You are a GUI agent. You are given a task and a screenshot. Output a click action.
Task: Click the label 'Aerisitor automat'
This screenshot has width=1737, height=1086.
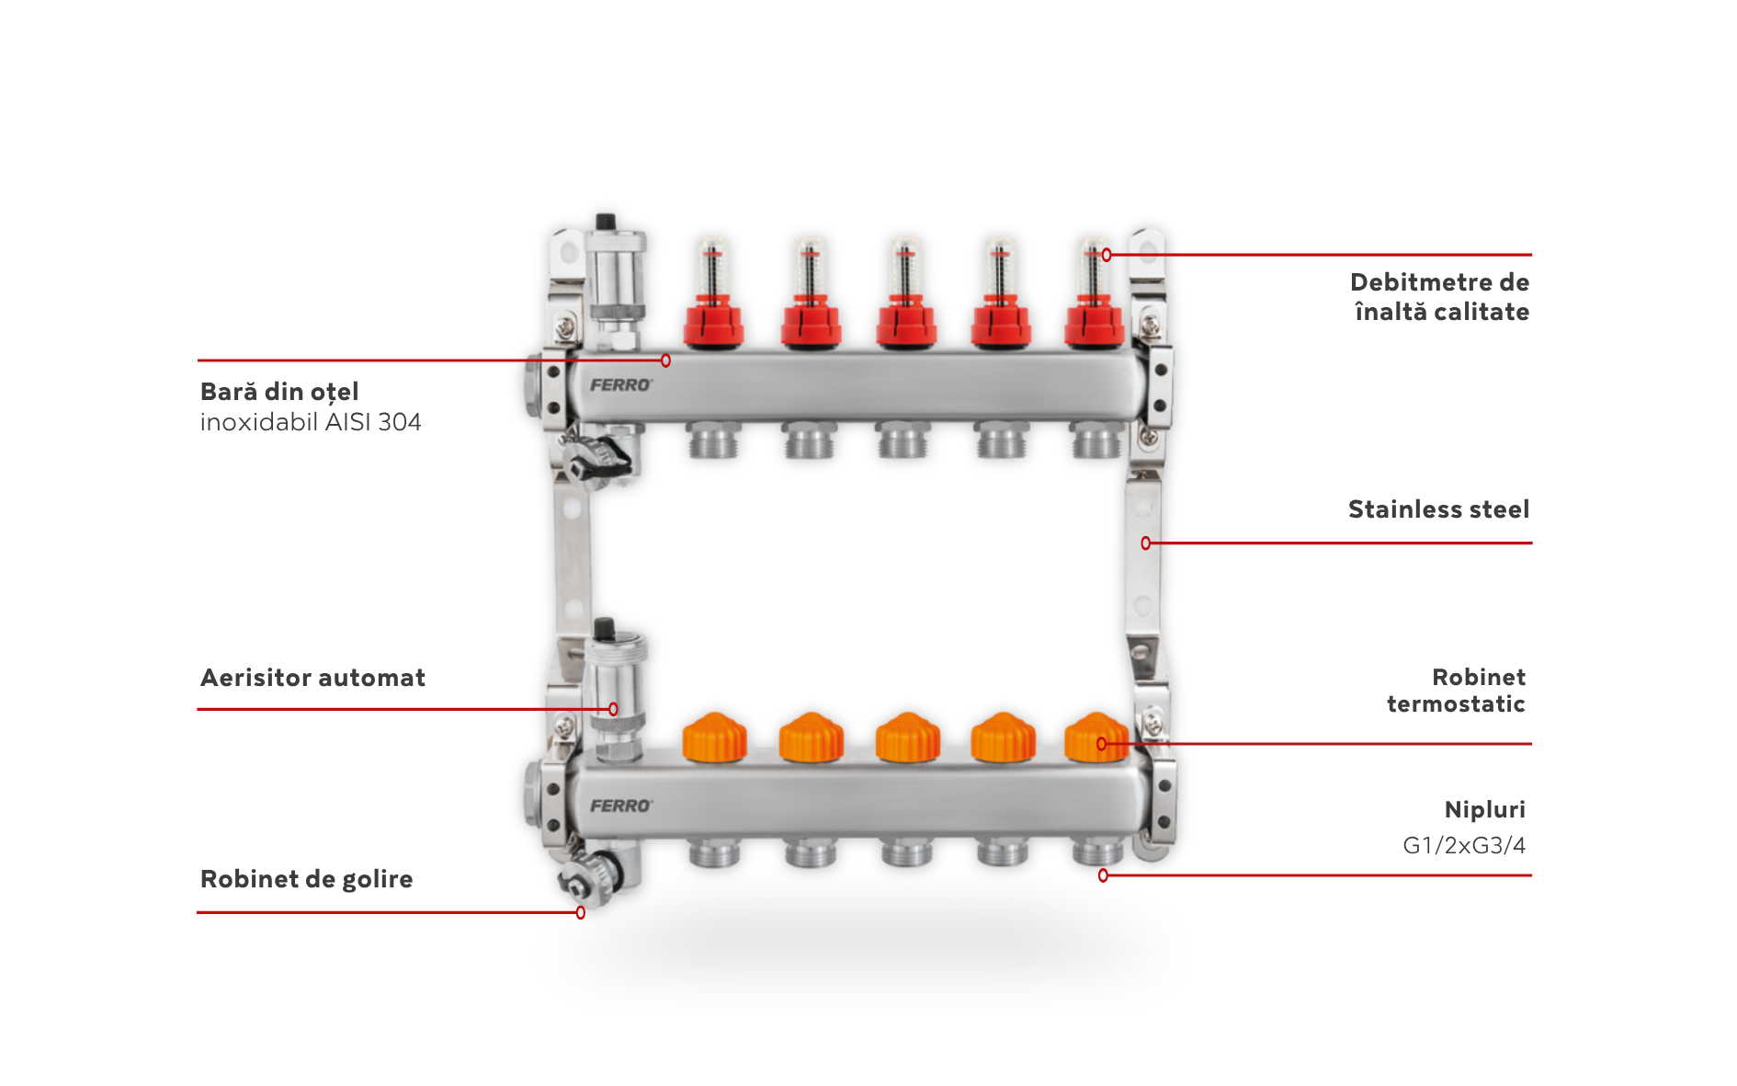[312, 678]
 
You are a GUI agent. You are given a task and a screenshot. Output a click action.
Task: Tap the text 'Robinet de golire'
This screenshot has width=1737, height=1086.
[306, 879]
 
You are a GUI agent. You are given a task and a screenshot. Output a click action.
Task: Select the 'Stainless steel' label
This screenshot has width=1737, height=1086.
[1438, 509]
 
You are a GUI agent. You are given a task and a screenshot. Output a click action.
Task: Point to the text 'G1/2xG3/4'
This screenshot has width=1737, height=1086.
[1463, 845]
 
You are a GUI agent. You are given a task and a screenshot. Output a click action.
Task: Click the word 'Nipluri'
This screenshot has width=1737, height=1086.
[1484, 810]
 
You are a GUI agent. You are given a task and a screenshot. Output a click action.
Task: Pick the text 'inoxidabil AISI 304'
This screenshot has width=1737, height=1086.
[311, 422]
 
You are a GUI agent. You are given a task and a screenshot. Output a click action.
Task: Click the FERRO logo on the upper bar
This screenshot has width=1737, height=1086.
[621, 384]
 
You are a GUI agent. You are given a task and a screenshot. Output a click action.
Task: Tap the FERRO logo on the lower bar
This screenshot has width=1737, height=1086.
[621, 806]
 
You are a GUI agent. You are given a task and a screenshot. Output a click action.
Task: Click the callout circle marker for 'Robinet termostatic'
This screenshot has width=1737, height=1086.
[1101, 744]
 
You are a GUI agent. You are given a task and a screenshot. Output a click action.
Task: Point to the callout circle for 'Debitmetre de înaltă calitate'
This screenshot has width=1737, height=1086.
[1107, 255]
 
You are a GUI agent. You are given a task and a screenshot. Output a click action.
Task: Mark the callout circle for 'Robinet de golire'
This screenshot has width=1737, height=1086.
[581, 912]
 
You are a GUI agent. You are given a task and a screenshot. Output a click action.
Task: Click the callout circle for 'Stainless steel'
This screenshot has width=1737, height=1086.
[1145, 543]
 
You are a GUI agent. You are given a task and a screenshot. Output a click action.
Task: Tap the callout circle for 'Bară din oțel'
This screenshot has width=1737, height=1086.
[665, 360]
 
